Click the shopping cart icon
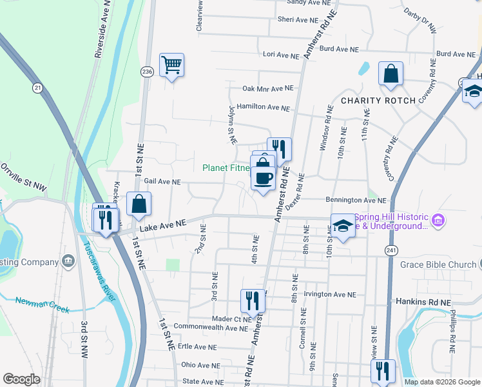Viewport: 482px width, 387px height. tap(172, 65)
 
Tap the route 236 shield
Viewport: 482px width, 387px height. tap(147, 72)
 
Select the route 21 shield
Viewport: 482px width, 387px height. tap(37, 86)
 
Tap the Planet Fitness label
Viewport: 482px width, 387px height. tap(226, 168)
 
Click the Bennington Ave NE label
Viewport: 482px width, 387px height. tap(356, 201)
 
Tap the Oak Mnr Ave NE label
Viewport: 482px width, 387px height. tap(267, 88)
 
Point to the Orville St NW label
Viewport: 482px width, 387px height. tap(23, 177)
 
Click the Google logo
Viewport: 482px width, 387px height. tap(21, 379)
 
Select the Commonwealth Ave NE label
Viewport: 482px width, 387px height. tap(210, 328)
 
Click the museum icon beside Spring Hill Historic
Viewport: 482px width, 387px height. tap(439, 221)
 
